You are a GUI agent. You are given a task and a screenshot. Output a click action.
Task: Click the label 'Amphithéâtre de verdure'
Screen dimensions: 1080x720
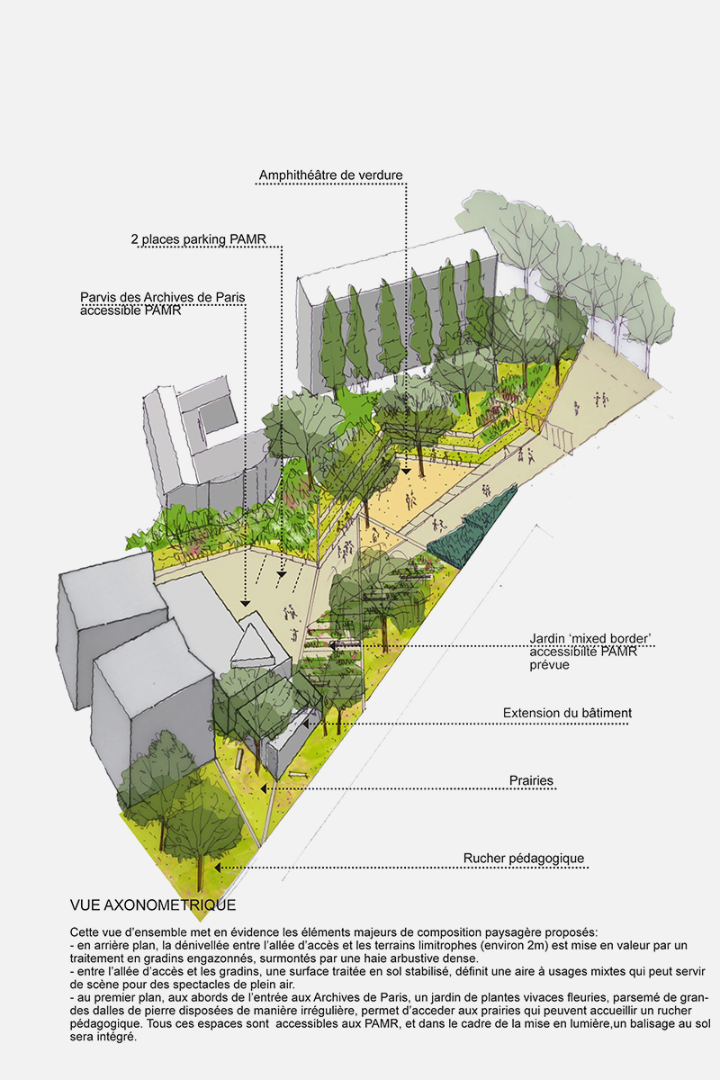click(x=330, y=175)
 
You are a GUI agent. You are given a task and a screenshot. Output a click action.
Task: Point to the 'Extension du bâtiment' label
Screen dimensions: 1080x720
click(x=567, y=713)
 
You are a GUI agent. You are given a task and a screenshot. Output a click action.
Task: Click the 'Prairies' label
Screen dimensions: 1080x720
click(x=531, y=780)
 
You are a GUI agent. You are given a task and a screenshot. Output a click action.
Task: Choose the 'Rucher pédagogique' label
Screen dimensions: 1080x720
click(x=524, y=859)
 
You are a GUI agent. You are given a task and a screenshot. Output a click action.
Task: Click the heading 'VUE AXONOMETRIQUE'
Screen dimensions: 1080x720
click(x=152, y=904)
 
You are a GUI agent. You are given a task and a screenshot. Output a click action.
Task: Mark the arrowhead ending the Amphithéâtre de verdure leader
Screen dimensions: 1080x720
click(x=407, y=471)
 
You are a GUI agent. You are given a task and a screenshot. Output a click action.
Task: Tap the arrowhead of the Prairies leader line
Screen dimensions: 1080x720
click(x=264, y=789)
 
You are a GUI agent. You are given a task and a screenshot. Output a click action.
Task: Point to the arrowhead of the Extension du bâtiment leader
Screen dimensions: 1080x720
click(x=306, y=722)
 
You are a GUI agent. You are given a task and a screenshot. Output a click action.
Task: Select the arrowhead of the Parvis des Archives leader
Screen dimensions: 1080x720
click(x=245, y=602)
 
